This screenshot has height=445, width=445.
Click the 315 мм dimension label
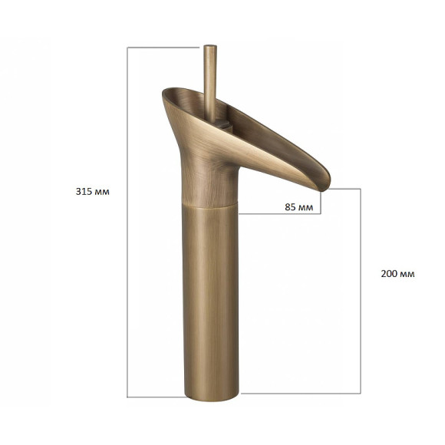pyautogui.click(x=93, y=192)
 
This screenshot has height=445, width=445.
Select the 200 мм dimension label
pyautogui.click(x=397, y=274)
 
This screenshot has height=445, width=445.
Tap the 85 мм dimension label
pyautogui.click(x=299, y=207)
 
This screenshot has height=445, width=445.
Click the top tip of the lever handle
pyautogui.click(x=210, y=45)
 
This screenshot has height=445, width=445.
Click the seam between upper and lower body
pyautogui.click(x=209, y=206)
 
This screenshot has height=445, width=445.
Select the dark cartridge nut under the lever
pyautogui.click(x=222, y=124)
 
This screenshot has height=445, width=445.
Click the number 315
pyautogui.click(x=84, y=192)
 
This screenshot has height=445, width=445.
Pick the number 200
pyautogui.click(x=390, y=274)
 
